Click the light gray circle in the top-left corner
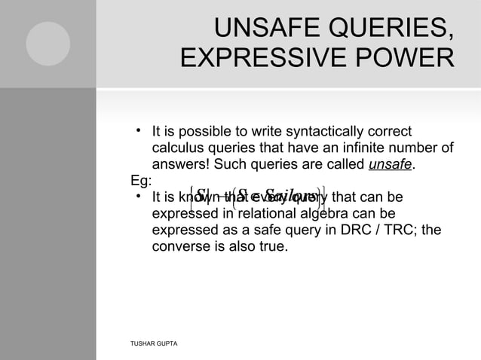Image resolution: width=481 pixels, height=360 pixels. pyautogui.click(x=47, y=44)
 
